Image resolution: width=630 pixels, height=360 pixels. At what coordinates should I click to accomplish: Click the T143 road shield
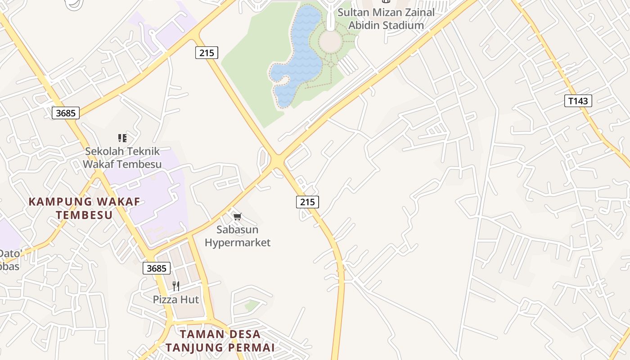click(x=578, y=101)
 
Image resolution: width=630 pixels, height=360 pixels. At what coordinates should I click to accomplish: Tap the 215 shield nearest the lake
click(x=207, y=53)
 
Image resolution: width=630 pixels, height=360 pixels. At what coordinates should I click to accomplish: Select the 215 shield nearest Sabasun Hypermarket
click(x=307, y=202)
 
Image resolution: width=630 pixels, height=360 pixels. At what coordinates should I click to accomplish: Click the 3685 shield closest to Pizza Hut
click(x=157, y=268)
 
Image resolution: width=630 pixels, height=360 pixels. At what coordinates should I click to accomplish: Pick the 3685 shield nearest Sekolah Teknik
click(x=66, y=113)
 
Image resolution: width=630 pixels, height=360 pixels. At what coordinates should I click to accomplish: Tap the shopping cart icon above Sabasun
click(x=238, y=216)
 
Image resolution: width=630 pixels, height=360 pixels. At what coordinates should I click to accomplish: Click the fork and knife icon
click(x=176, y=286)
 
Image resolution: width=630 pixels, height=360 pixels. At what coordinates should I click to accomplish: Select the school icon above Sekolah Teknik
click(x=122, y=138)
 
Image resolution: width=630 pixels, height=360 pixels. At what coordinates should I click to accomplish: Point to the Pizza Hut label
click(x=176, y=299)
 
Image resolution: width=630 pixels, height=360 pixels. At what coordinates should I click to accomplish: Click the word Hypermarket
click(x=238, y=243)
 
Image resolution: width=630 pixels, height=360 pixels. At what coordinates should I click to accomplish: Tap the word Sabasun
click(x=237, y=229)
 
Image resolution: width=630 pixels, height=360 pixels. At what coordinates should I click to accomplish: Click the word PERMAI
click(x=251, y=347)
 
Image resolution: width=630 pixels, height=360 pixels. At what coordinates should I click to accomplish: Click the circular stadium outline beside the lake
click(x=331, y=42)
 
